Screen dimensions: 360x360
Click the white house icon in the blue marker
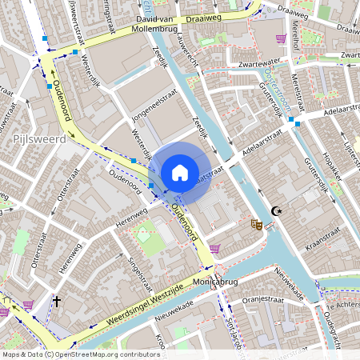pyautogui.click(x=180, y=172)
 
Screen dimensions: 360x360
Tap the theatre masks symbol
pyautogui.click(x=256, y=225)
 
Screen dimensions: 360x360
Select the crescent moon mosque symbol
pyautogui.click(x=278, y=210)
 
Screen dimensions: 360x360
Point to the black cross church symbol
pyautogui.click(x=56, y=302)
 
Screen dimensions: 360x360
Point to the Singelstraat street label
pyautogui.click(x=139, y=268)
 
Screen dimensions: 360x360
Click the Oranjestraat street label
pyautogui.click(x=261, y=301)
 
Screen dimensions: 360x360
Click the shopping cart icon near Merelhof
pyautogui.click(x=281, y=38)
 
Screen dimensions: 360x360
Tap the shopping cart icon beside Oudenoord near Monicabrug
pyautogui.click(x=214, y=249)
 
